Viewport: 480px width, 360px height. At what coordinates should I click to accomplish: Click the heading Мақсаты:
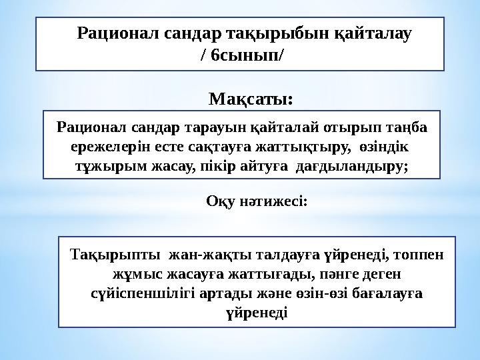251,100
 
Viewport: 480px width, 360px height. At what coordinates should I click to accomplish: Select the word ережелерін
99,146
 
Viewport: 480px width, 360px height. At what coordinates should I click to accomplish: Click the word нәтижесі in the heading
273,201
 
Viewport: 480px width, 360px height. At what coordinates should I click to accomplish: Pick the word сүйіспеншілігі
141,293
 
